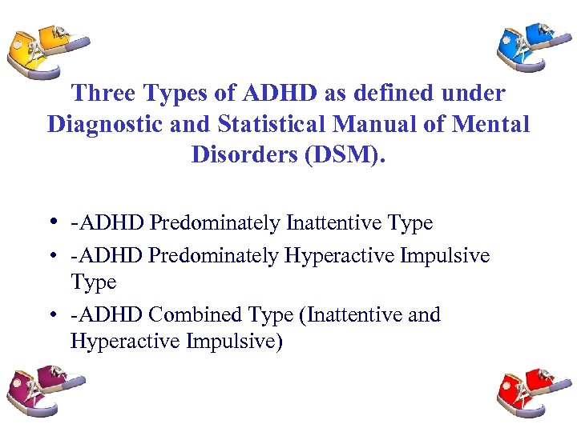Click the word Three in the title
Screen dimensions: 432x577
[x=104, y=94]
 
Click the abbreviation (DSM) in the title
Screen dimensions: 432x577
[x=344, y=154]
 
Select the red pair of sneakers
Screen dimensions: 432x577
[x=530, y=390]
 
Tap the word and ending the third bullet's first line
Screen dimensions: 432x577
[x=424, y=315]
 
